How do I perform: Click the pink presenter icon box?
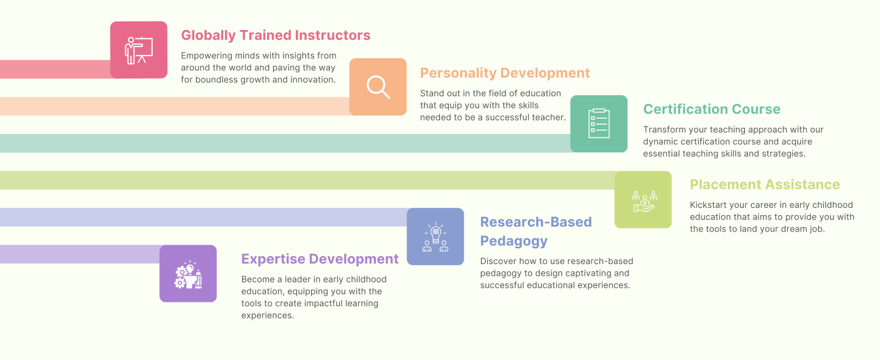pyautogui.click(x=139, y=50)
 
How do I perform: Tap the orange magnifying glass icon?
pyautogui.click(x=378, y=87)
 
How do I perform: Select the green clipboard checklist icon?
pyautogui.click(x=599, y=123)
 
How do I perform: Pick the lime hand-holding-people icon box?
pyautogui.click(x=643, y=200)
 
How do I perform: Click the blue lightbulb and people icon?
pyautogui.click(x=435, y=237)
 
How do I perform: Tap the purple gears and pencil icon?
pyautogui.click(x=188, y=274)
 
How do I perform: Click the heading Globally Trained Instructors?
pyautogui.click(x=276, y=35)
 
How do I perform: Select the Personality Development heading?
pyautogui.click(x=505, y=73)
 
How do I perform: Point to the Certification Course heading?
pyautogui.click(x=711, y=109)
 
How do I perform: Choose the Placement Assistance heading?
pyautogui.click(x=765, y=185)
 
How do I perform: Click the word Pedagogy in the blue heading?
pyautogui.click(x=513, y=241)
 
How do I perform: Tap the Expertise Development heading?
pyautogui.click(x=320, y=259)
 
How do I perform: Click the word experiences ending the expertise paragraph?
pyautogui.click(x=268, y=315)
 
